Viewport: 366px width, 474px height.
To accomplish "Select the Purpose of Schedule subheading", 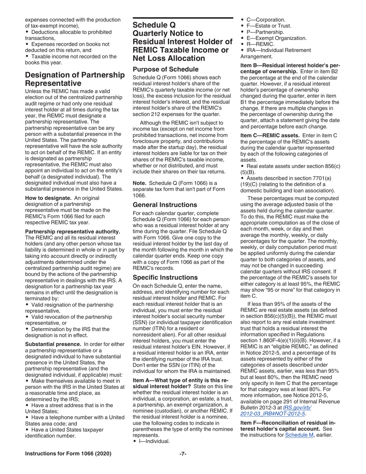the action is [x=166, y=70].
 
